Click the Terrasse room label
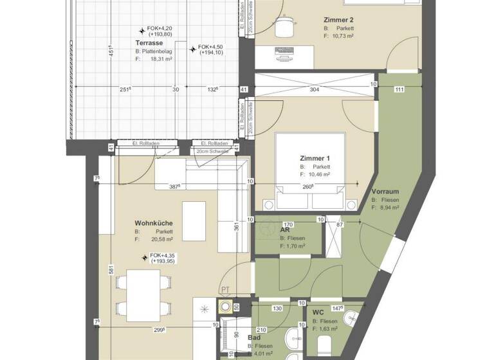149,42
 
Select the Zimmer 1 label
315,158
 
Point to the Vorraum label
386,192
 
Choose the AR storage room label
284,231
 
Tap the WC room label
318,313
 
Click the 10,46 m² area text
318,174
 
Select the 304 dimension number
315,90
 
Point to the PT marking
225,290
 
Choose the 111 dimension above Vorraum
399,89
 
